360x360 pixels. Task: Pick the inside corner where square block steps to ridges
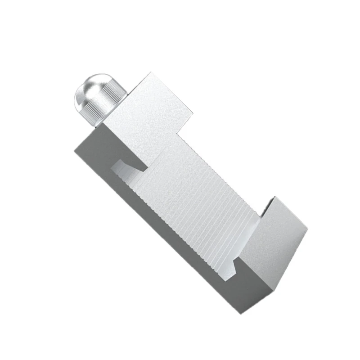(179, 135)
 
